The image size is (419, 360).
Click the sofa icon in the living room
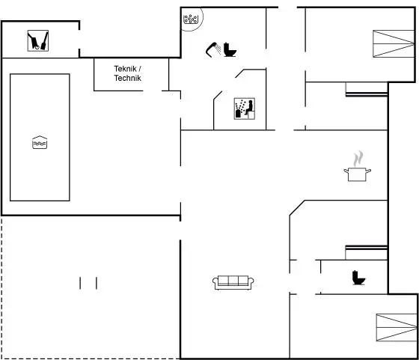(x=233, y=282)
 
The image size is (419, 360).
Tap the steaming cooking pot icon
(x=358, y=166)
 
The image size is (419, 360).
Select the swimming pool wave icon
(x=40, y=142)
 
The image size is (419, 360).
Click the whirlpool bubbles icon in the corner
(x=191, y=19)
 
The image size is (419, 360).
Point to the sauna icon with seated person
(x=244, y=109)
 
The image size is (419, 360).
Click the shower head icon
(x=213, y=49)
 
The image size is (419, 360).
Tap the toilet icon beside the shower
(x=230, y=49)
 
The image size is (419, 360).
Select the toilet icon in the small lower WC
(x=358, y=278)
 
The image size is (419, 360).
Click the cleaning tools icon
(x=38, y=40)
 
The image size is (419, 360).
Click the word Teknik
(x=125, y=69)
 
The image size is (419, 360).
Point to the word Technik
(x=127, y=78)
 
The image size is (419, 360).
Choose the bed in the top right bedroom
(x=394, y=44)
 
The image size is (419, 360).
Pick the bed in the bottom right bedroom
(x=397, y=327)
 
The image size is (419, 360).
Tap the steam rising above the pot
(x=358, y=159)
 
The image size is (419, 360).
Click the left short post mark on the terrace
(x=80, y=284)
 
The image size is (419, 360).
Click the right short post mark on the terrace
(x=97, y=284)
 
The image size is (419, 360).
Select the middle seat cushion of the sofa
(x=233, y=280)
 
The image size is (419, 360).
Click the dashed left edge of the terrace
(x=1, y=287)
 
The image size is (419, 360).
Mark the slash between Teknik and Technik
(x=139, y=69)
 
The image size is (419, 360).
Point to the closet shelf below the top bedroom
(x=367, y=94)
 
